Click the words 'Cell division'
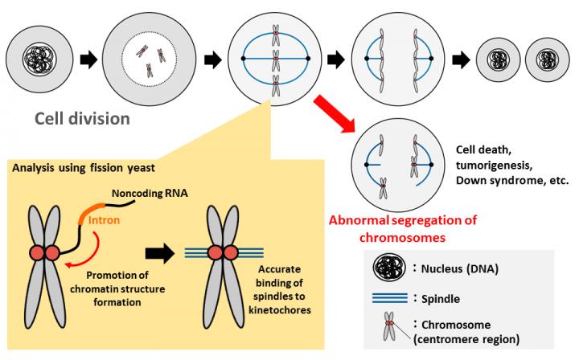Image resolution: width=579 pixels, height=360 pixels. tap(81, 119)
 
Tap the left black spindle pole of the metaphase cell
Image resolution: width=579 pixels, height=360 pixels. tap(243, 60)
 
